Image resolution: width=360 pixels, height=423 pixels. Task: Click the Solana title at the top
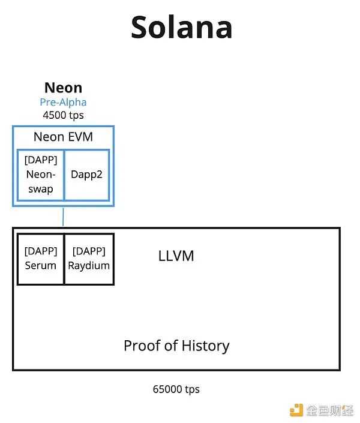coord(181,27)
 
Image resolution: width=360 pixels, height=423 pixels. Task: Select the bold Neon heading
coord(64,88)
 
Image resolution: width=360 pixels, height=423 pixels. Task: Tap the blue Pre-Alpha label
coord(63,102)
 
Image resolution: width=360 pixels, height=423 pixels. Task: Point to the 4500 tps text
coord(63,115)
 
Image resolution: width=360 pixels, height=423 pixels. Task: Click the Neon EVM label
coord(63,137)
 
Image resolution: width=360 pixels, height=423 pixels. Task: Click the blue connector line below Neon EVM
coord(63,217)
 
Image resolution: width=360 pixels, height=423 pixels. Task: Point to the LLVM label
coord(176,256)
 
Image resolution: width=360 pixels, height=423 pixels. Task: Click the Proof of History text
coord(176,346)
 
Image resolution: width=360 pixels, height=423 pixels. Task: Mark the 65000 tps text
coord(176,389)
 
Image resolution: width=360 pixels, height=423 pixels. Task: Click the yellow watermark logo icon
coord(296,410)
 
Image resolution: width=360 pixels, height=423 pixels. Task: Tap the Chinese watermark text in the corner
coord(329,410)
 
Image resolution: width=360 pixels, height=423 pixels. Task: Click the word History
coord(205,346)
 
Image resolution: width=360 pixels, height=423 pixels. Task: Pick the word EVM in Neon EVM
coord(80,137)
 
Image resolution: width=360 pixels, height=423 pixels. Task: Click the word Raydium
coord(89,266)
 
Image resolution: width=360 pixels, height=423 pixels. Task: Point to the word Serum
coord(41,266)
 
